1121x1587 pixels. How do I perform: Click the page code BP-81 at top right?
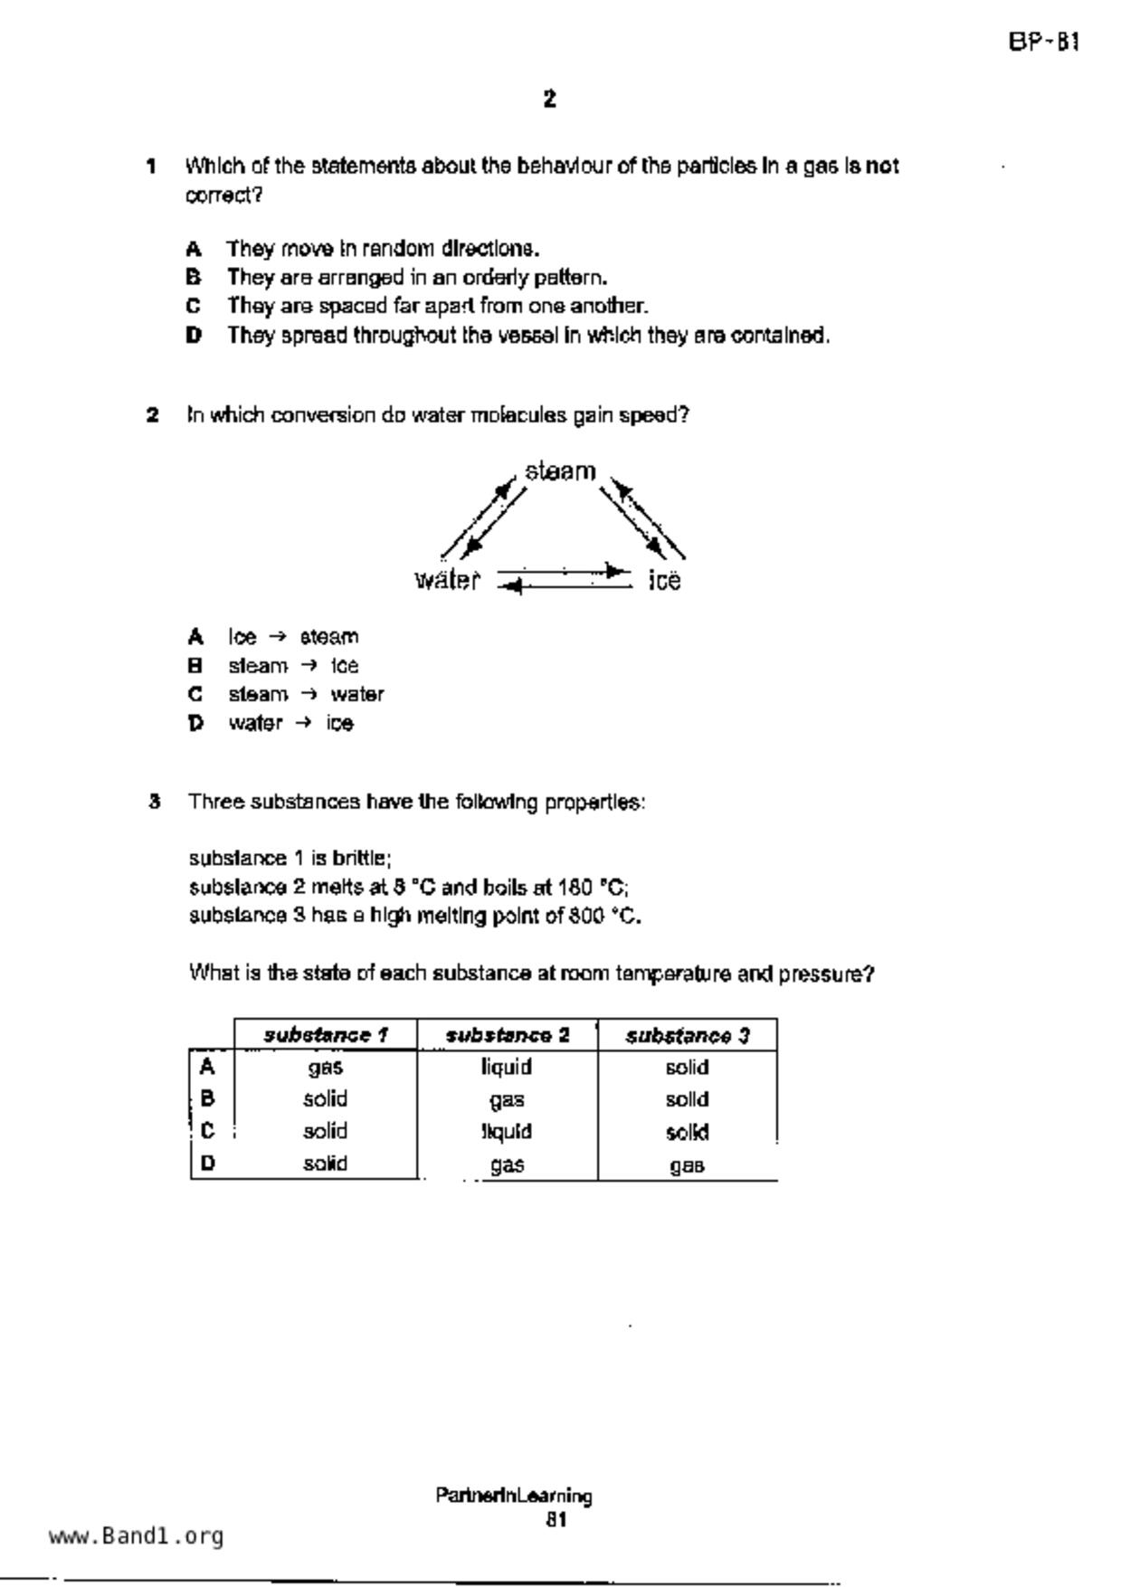1043,43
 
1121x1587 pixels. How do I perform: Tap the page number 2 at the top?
550,100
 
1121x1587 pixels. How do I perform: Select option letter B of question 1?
194,277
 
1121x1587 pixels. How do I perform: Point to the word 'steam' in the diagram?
560,471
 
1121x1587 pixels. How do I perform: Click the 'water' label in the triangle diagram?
447,580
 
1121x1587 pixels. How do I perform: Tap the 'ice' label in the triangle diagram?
664,581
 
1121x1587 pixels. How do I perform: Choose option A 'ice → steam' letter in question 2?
195,637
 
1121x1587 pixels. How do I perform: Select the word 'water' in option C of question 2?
357,695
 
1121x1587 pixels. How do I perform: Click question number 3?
155,802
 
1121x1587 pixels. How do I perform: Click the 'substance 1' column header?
326,1035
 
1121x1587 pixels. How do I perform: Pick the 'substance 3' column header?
688,1035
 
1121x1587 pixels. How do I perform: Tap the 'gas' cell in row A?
326,1068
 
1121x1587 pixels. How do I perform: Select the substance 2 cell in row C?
507,1132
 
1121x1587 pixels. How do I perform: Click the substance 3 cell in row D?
688,1165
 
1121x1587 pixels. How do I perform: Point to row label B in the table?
208,1099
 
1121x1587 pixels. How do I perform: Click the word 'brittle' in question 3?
361,859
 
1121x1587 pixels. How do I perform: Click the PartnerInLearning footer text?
513,1496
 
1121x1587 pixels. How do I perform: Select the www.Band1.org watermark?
137,1536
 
